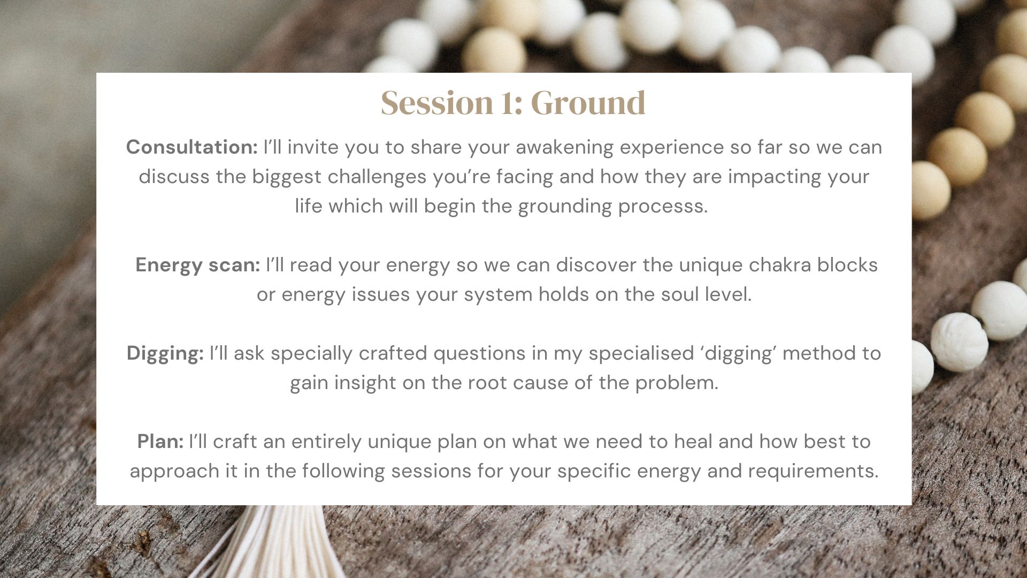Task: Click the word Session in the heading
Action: coord(437,102)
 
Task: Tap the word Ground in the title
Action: coord(588,102)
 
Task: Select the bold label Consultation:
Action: coord(192,147)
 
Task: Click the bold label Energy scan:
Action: coord(198,264)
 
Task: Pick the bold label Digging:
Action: coord(165,353)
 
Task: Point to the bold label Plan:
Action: coord(160,442)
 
